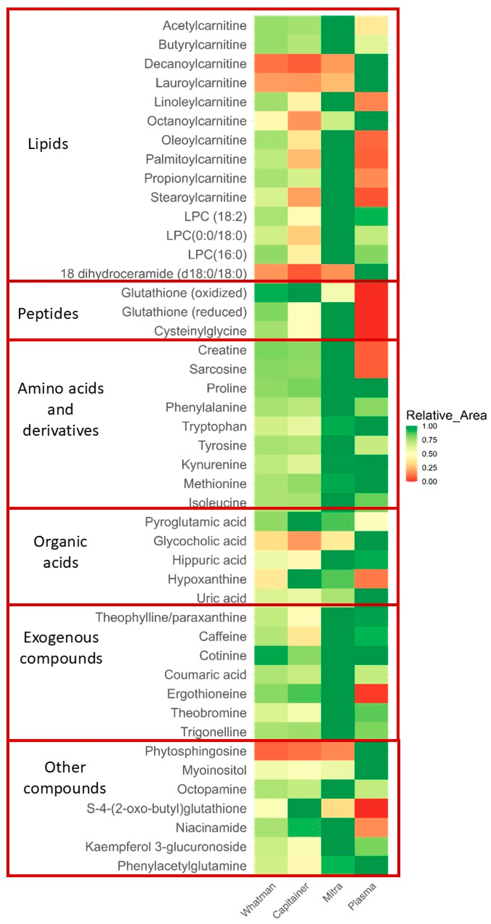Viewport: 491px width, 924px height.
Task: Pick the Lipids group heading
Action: [48, 144]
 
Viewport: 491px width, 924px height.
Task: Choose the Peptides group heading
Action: [48, 314]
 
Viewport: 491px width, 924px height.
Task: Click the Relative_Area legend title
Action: [446, 415]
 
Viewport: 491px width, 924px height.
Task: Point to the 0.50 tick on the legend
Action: [429, 454]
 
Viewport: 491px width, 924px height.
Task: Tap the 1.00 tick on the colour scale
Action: [429, 426]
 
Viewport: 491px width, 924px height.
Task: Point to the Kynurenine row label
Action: [214, 465]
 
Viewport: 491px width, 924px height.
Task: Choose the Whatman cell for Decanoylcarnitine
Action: [271, 64]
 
